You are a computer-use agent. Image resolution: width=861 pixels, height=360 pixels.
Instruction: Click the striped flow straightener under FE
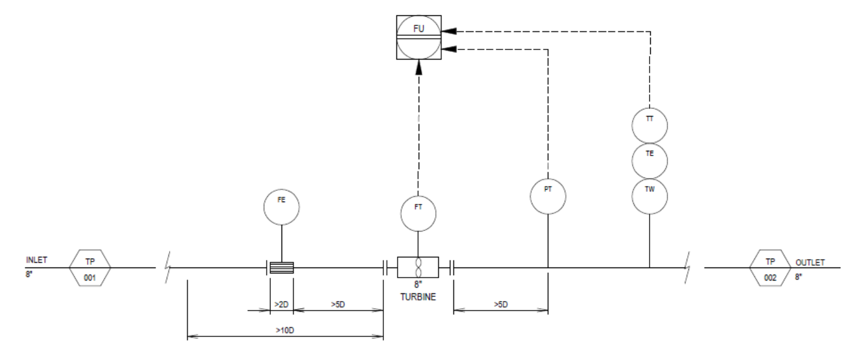[282, 267]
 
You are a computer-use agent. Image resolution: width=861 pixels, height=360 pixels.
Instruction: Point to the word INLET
[37, 260]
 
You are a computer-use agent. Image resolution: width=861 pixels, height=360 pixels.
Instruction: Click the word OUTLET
[810, 263]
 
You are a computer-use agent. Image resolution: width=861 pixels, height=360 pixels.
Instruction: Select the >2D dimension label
[282, 305]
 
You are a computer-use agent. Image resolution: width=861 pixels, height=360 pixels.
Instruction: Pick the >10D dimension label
[285, 331]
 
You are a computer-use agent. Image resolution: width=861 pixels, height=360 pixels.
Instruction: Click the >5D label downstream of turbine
[501, 305]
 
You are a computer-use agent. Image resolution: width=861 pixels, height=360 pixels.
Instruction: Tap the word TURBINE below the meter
[418, 297]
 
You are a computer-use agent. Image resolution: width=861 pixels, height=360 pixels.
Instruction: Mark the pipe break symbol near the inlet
[168, 267]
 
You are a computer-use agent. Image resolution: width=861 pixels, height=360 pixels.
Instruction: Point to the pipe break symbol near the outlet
[687, 267]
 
